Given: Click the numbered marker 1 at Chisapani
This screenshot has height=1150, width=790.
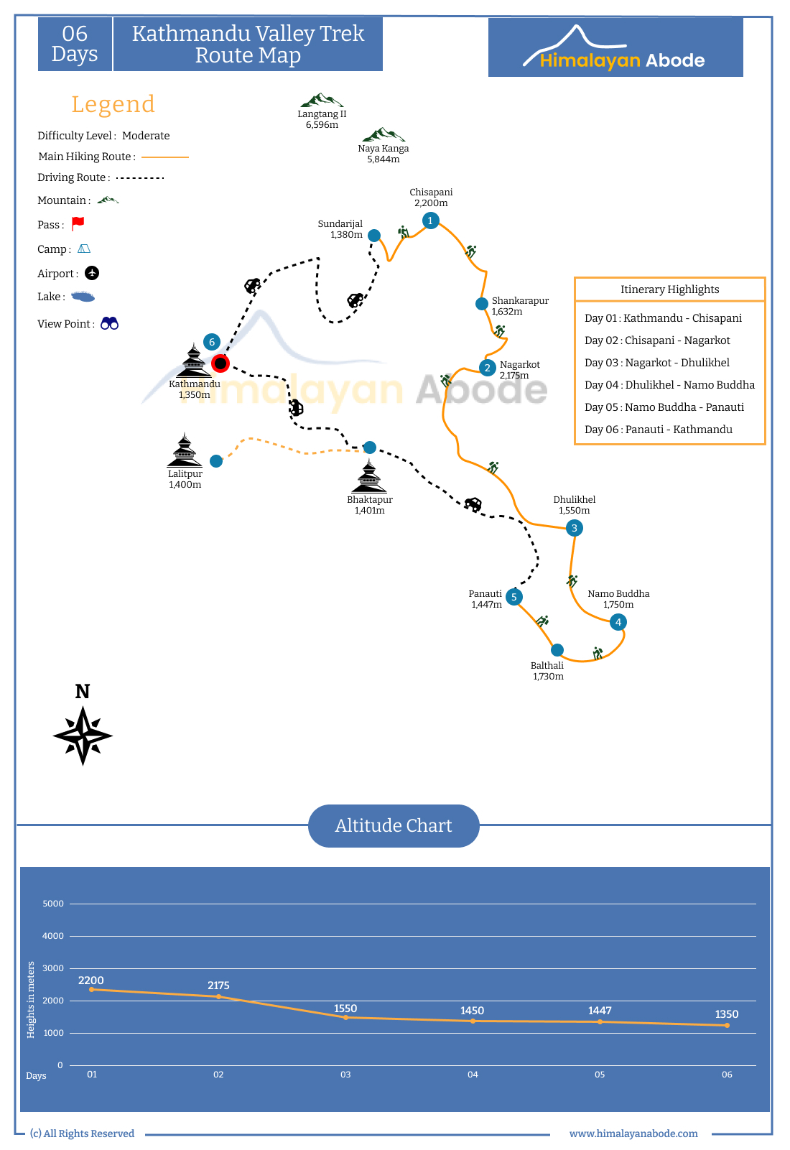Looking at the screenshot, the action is [430, 221].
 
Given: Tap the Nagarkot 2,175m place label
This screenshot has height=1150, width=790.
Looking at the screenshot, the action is [519, 370].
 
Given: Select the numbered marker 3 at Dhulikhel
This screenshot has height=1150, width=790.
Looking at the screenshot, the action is [574, 528].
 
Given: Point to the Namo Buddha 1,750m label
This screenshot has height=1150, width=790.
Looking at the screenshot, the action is [618, 598].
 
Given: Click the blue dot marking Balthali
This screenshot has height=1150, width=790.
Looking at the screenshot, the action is [557, 650].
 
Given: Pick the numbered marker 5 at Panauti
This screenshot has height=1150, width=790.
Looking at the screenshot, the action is [513, 597].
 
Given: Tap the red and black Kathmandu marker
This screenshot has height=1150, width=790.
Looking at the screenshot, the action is [220, 363].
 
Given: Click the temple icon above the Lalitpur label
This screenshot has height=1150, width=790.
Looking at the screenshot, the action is [185, 450].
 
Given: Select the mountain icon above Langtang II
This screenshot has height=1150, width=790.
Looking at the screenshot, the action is [321, 100].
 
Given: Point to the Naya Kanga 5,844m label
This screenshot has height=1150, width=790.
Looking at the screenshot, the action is [383, 154].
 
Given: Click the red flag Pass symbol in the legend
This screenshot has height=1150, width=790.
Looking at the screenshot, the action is [78, 223].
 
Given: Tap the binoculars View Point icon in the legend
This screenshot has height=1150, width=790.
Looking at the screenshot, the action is [109, 323].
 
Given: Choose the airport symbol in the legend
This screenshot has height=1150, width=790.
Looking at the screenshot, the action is [92, 273].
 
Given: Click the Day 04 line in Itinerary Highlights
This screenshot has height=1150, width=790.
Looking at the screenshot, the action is [669, 385].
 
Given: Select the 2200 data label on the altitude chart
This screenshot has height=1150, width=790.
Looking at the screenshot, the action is [91, 980].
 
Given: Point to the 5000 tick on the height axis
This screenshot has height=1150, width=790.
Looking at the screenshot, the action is [53, 904].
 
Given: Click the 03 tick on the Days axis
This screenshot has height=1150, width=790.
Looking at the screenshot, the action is [345, 1074].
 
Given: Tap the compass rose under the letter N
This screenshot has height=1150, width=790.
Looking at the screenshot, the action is [83, 736].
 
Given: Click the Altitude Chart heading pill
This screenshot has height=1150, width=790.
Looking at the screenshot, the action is [394, 825].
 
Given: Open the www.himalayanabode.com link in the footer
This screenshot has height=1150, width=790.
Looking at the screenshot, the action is [633, 1133].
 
